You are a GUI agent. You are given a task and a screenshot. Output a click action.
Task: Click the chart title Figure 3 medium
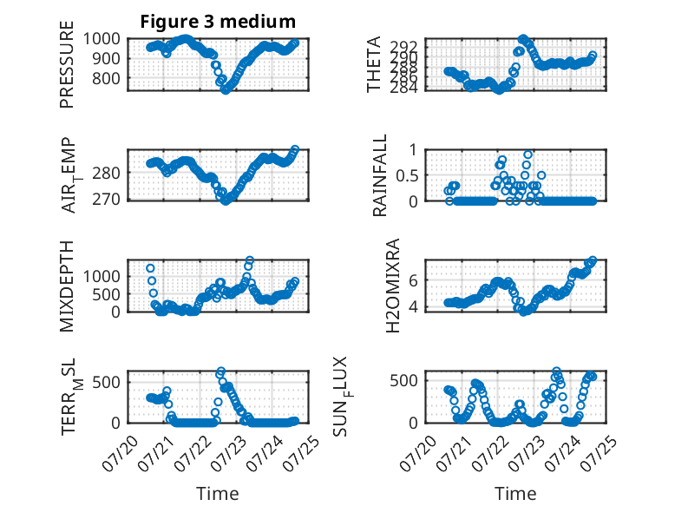pyautogui.click(x=218, y=22)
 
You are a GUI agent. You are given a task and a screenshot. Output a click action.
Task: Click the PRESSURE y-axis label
pyautogui.click(x=67, y=64)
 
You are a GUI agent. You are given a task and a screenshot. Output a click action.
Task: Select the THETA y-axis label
pyautogui.click(x=374, y=64)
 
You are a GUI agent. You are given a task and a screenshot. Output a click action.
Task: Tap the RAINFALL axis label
pyautogui.click(x=380, y=175)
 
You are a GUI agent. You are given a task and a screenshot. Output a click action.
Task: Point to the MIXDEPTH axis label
pyautogui.click(x=67, y=286)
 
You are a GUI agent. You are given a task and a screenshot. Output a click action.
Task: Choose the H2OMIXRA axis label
pyautogui.click(x=393, y=286)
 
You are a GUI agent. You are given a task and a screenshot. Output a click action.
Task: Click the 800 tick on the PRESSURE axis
pyautogui.click(x=107, y=79)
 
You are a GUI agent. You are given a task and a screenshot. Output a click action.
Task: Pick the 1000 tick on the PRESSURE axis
pyautogui.click(x=102, y=39)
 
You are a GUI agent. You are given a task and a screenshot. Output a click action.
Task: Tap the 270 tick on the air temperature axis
pyautogui.click(x=107, y=200)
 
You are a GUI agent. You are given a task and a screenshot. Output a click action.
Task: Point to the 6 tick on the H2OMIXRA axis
pyautogui.click(x=414, y=280)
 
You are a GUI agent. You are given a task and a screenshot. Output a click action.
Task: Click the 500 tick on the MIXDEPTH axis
pyautogui.click(x=107, y=294)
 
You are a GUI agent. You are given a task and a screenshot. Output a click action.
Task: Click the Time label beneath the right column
pyautogui.click(x=515, y=493)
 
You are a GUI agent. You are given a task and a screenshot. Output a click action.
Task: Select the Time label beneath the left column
pyautogui.click(x=218, y=493)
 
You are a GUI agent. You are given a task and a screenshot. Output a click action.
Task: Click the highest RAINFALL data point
pyautogui.click(x=528, y=154)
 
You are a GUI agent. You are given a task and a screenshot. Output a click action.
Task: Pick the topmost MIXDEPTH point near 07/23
pyautogui.click(x=249, y=260)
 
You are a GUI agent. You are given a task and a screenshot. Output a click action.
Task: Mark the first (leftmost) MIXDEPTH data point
pyautogui.click(x=150, y=268)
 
